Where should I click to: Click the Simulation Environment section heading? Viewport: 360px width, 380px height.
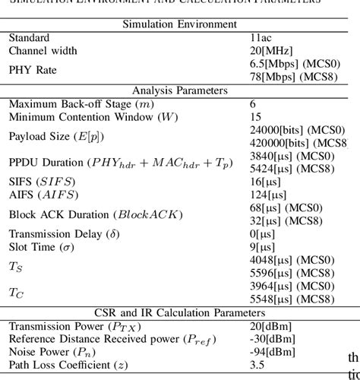point(180,24)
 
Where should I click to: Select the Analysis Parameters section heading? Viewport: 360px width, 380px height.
point(180,90)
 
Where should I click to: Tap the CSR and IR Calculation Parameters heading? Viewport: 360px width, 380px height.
point(180,312)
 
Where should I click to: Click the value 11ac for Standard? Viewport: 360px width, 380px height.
point(262,37)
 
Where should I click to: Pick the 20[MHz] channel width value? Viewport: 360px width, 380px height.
point(271,50)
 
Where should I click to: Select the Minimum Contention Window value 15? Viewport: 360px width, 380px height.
point(256,117)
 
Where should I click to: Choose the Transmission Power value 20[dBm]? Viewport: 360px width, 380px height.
point(272,326)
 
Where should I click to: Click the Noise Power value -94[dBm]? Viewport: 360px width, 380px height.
point(274,352)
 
